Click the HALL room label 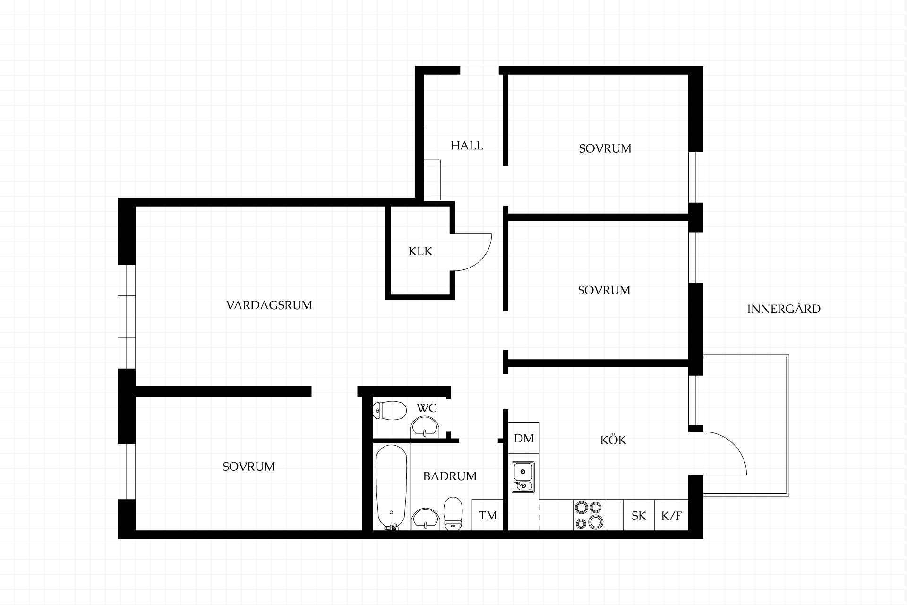467,146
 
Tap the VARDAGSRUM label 269,305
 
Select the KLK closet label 420,251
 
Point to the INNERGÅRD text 784,309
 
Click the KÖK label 613,440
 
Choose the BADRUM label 450,476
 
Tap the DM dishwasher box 524,438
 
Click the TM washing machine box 488,515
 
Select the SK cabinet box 639,515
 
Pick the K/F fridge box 671,515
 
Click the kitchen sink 523,476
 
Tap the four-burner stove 589,515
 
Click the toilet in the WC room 390,410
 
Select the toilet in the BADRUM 453,513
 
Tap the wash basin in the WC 426,427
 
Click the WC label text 427,407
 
